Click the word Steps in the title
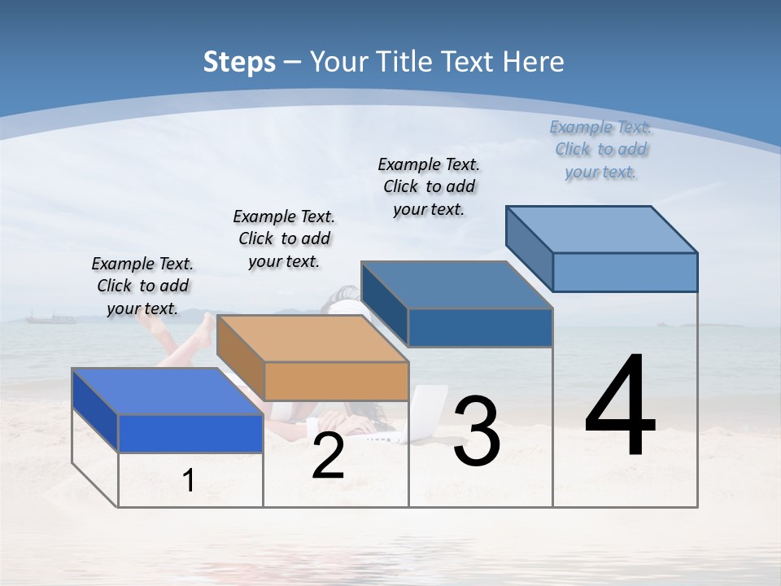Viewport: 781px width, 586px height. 238,62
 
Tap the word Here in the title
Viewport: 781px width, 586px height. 534,62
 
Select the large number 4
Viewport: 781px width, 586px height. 620,406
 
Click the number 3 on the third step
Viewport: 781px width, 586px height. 477,431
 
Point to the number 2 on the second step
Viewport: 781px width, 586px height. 328,457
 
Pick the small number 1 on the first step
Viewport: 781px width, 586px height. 189,481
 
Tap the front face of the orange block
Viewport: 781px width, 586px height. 336,381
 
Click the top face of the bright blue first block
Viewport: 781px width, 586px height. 167,391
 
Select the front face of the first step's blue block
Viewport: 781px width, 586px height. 190,433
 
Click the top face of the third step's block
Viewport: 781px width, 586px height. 456,285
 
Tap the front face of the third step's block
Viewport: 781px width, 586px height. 480,327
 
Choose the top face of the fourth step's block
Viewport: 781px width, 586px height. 601,230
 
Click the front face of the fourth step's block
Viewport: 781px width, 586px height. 625,272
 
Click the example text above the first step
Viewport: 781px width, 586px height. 142,286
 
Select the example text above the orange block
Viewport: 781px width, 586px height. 284,238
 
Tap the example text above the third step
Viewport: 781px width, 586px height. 429,186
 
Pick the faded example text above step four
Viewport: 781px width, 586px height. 600,149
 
